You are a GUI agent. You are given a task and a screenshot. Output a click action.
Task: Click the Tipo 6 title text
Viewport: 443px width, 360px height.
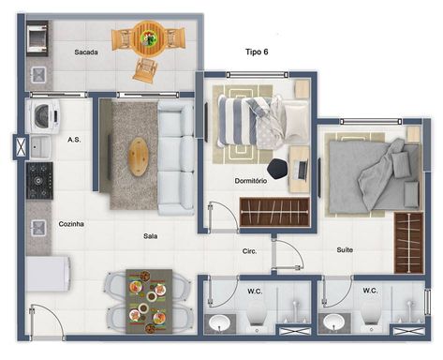tap(257, 52)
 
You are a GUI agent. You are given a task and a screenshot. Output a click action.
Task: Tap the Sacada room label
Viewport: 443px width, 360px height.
tap(86, 52)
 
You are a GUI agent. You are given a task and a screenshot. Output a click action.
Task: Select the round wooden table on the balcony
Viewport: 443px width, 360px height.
tap(149, 38)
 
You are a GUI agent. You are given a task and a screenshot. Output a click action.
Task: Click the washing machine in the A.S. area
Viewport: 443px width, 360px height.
tap(44, 116)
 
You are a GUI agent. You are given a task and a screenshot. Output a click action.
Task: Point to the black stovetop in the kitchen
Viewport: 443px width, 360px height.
tap(39, 181)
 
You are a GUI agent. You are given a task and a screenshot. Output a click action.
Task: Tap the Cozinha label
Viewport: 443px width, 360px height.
tap(71, 224)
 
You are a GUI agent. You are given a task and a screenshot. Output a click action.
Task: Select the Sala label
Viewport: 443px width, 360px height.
tap(150, 236)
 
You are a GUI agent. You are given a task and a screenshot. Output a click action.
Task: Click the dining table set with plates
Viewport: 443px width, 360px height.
tap(149, 301)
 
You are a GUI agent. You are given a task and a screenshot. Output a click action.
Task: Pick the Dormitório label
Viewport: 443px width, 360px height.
tap(251, 181)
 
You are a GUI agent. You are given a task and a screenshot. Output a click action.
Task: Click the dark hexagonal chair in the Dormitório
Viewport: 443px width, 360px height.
tap(278, 169)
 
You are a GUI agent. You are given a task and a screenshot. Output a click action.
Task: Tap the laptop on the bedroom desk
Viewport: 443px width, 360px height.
tap(303, 170)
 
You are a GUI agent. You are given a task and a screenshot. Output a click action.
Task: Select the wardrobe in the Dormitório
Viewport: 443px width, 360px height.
tap(274, 212)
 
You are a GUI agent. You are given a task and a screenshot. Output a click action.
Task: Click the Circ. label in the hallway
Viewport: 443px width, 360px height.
tap(249, 251)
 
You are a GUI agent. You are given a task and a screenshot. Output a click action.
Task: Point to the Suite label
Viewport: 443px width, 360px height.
tap(345, 250)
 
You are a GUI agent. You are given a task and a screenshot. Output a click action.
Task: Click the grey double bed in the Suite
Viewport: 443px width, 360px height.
tap(374, 176)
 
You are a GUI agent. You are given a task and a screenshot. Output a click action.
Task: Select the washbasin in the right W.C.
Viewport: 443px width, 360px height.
tap(333, 322)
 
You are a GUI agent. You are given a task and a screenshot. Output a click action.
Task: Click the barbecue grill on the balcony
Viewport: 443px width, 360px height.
tap(37, 38)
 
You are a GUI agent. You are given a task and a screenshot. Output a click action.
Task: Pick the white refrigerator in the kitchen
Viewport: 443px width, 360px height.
tap(48, 274)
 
